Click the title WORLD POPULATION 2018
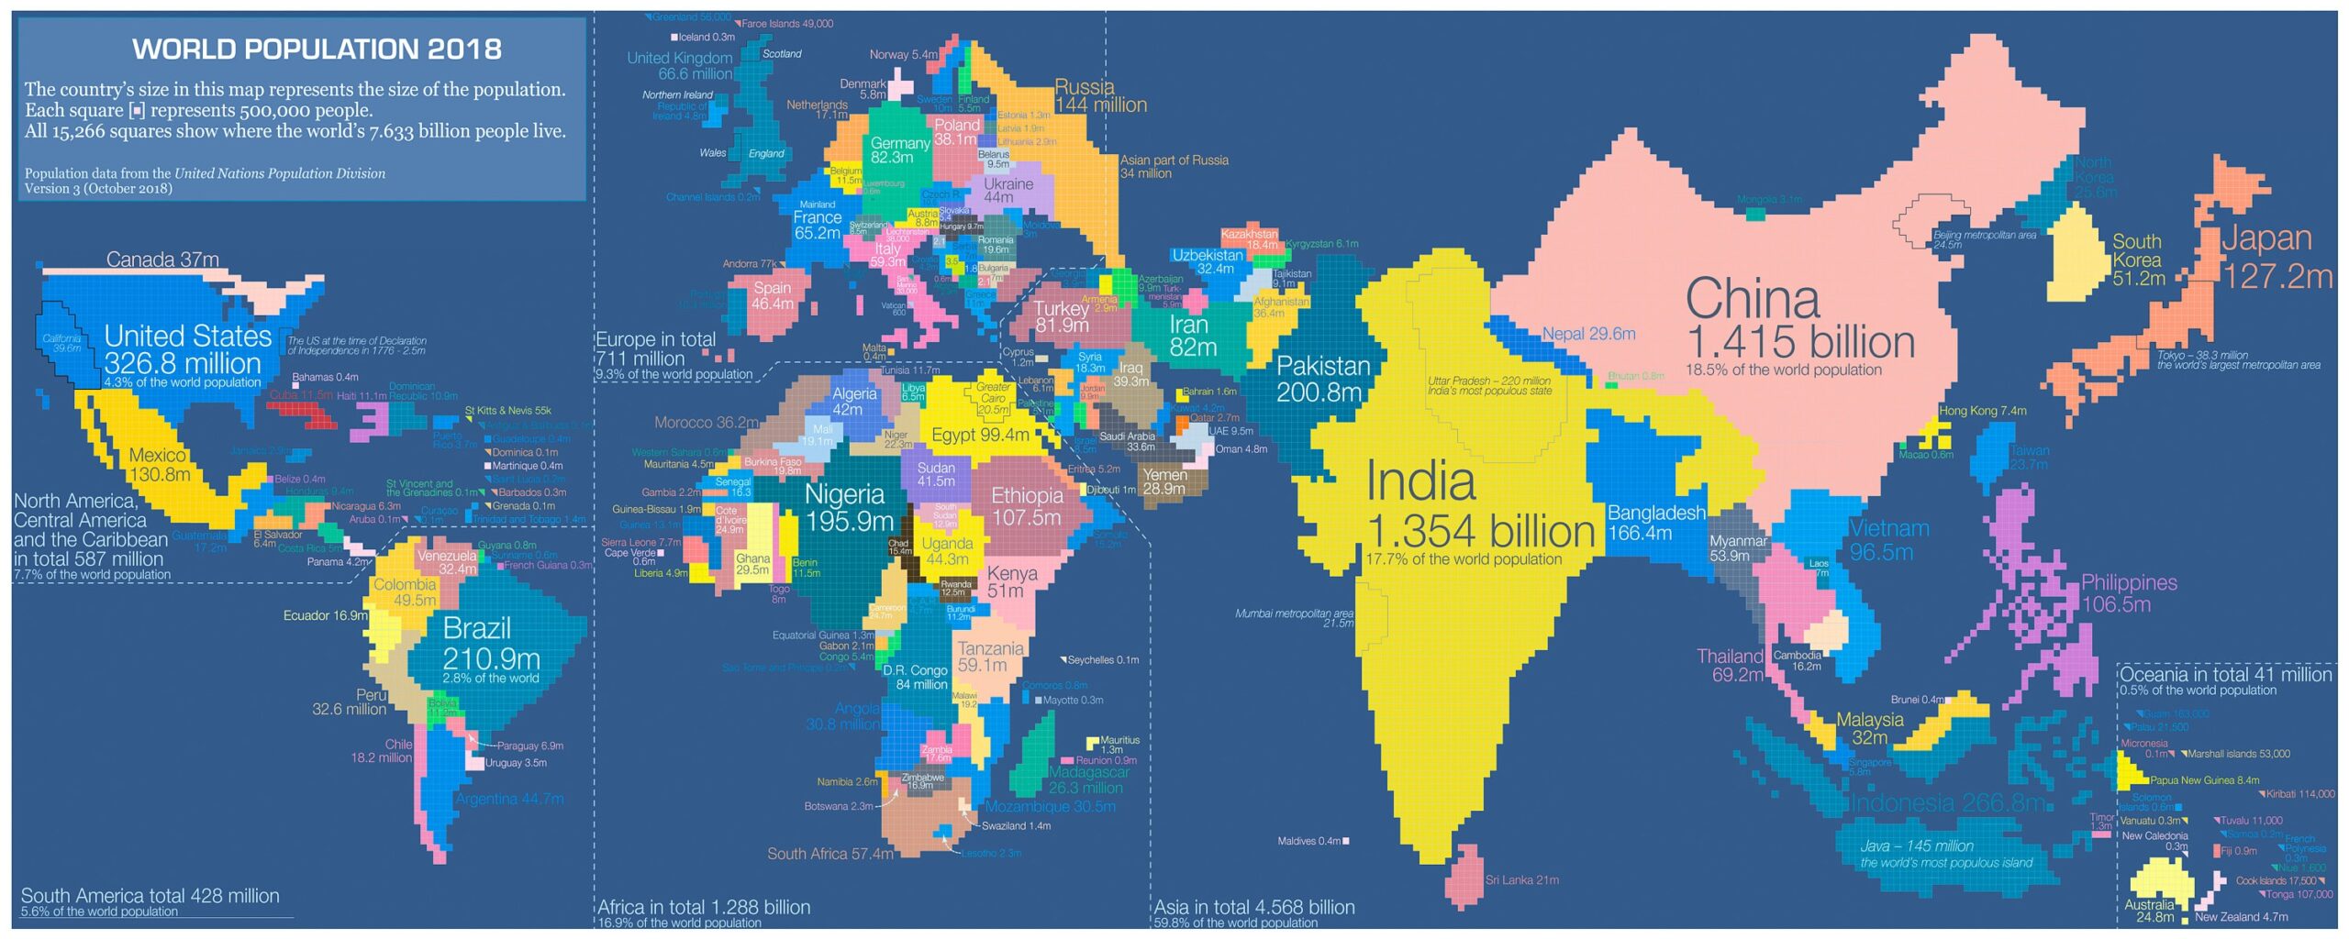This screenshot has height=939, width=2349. [x=317, y=49]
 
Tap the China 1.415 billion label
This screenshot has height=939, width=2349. [x=1798, y=321]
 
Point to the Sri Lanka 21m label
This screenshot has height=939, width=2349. [x=1521, y=880]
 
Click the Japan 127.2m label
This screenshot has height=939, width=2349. [x=2277, y=257]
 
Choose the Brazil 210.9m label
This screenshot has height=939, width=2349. [x=490, y=644]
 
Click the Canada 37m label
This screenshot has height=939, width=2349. [x=162, y=260]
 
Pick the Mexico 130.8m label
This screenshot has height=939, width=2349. [x=159, y=465]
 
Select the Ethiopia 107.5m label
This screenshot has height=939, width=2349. [x=1026, y=506]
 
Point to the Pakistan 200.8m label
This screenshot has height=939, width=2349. [x=1322, y=379]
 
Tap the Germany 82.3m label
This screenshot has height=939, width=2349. [x=899, y=150]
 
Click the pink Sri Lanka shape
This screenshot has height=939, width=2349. [x=1464, y=876]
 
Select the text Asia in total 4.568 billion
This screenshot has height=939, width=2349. [x=1253, y=907]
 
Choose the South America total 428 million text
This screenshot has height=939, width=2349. [x=150, y=896]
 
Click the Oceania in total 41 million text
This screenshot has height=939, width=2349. [x=2225, y=675]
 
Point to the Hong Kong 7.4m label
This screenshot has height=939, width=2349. [x=1982, y=411]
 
